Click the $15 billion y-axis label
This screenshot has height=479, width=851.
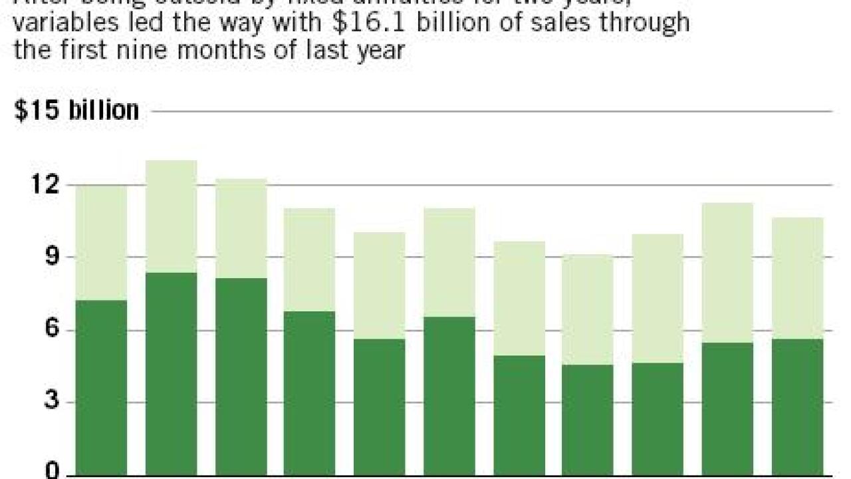coord(76,110)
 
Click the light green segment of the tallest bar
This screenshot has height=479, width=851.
coord(171,216)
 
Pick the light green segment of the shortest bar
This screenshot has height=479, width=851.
coord(587,309)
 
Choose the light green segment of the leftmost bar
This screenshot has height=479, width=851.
coord(101,243)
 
